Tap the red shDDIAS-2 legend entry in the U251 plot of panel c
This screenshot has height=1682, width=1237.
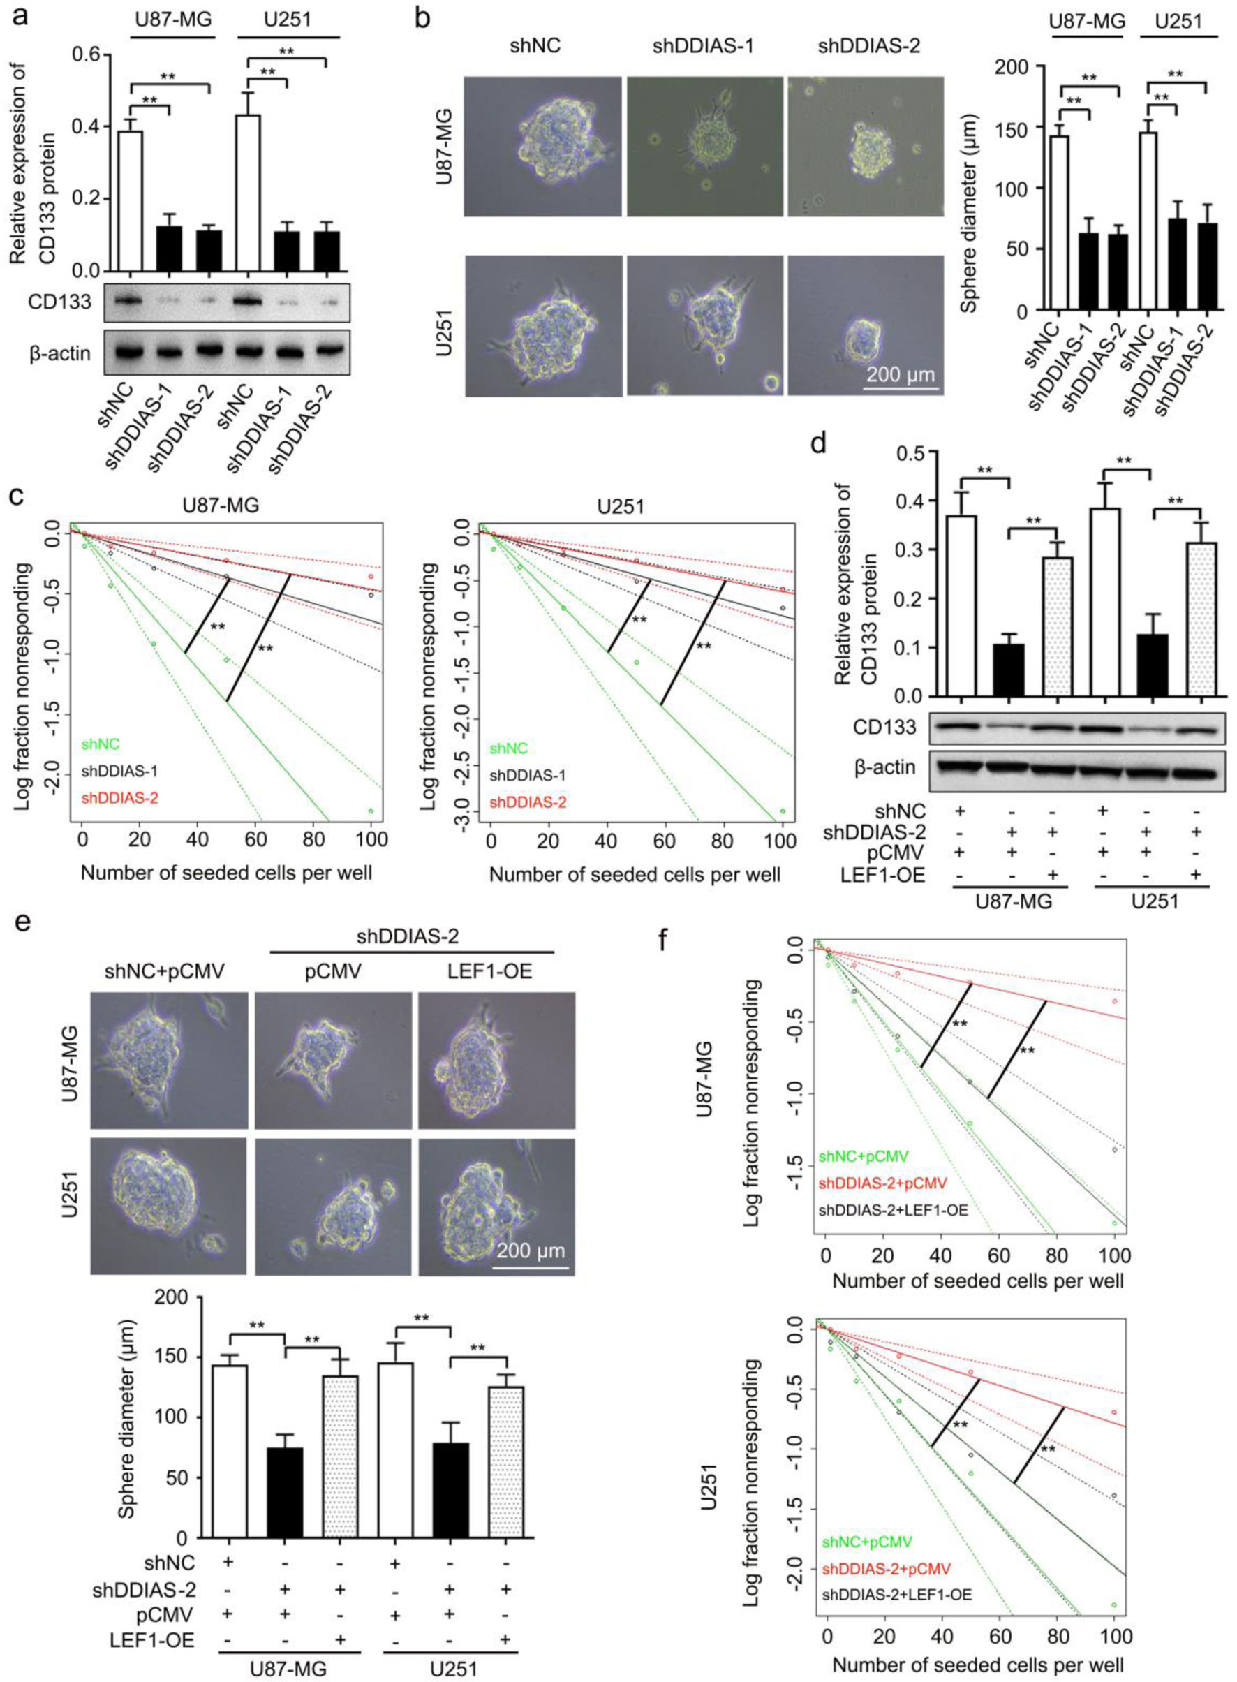pos(527,803)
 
